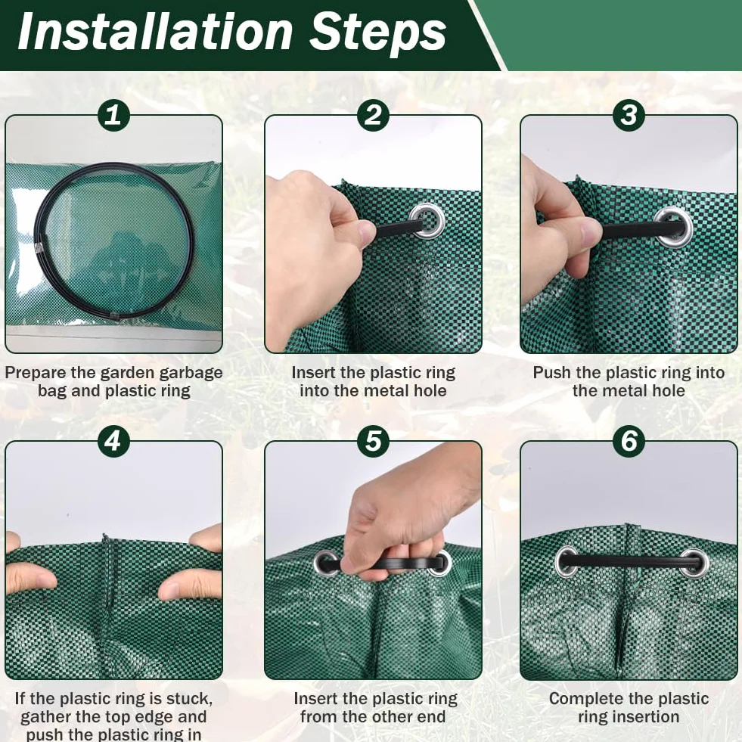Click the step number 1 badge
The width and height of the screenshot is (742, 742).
click(113, 115)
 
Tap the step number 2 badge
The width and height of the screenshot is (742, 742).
click(374, 115)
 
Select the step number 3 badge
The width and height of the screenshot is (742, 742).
click(629, 115)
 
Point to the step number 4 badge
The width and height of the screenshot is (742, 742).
click(113, 441)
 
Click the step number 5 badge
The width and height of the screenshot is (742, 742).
click(374, 441)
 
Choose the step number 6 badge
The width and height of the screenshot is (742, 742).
click(629, 441)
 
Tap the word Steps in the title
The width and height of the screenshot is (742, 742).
click(377, 33)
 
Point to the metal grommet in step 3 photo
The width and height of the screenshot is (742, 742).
click(674, 227)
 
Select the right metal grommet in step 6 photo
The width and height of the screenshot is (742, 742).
click(694, 562)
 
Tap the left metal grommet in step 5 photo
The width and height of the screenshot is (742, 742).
click(325, 563)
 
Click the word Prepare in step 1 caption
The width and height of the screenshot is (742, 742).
click(36, 372)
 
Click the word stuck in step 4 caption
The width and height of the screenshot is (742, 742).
click(188, 698)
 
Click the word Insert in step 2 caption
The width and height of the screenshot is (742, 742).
click(315, 372)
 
